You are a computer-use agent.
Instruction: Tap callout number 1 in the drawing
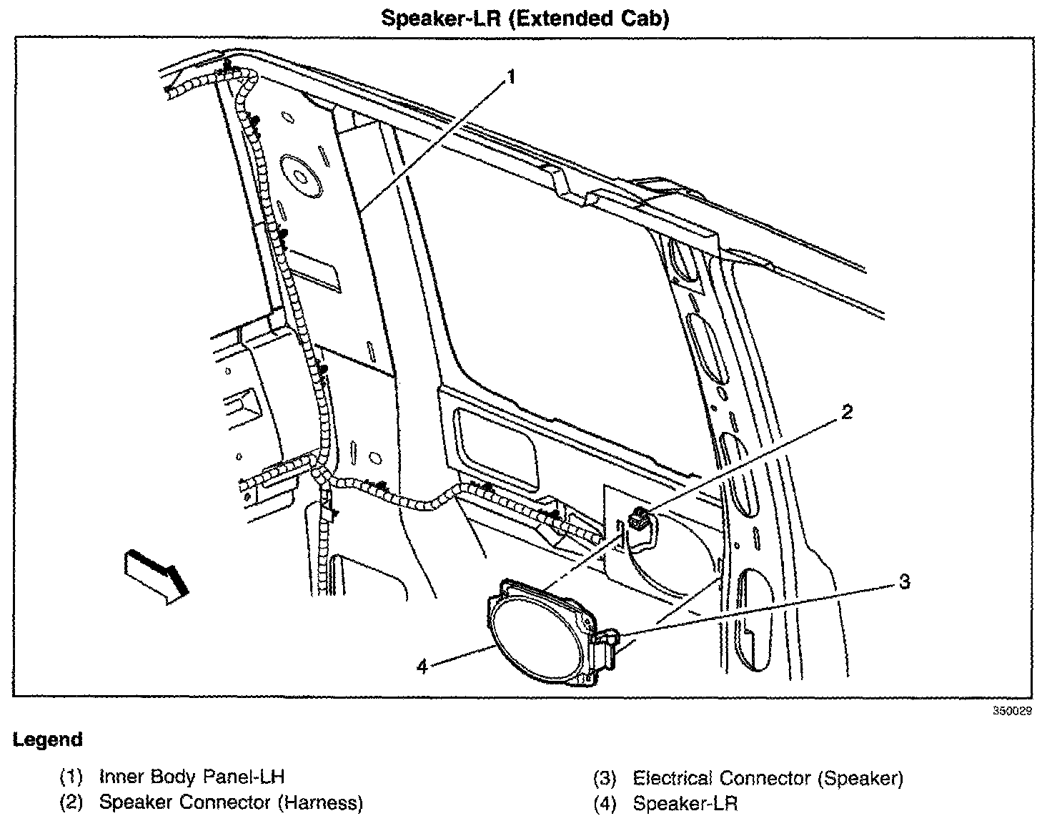pos(510,77)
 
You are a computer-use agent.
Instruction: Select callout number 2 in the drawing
pos(846,412)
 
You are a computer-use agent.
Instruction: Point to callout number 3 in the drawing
pos(904,581)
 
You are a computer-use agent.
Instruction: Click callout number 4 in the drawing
pos(422,667)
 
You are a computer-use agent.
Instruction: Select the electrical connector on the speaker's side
pos(607,641)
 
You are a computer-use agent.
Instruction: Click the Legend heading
pos(47,739)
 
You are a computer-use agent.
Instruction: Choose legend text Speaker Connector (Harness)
pos(231,802)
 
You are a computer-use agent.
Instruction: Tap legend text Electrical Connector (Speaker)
pos(768,778)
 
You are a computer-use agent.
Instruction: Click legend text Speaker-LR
pos(685,804)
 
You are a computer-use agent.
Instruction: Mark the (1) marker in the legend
pos(71,777)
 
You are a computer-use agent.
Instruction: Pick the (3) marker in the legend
pos(605,778)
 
